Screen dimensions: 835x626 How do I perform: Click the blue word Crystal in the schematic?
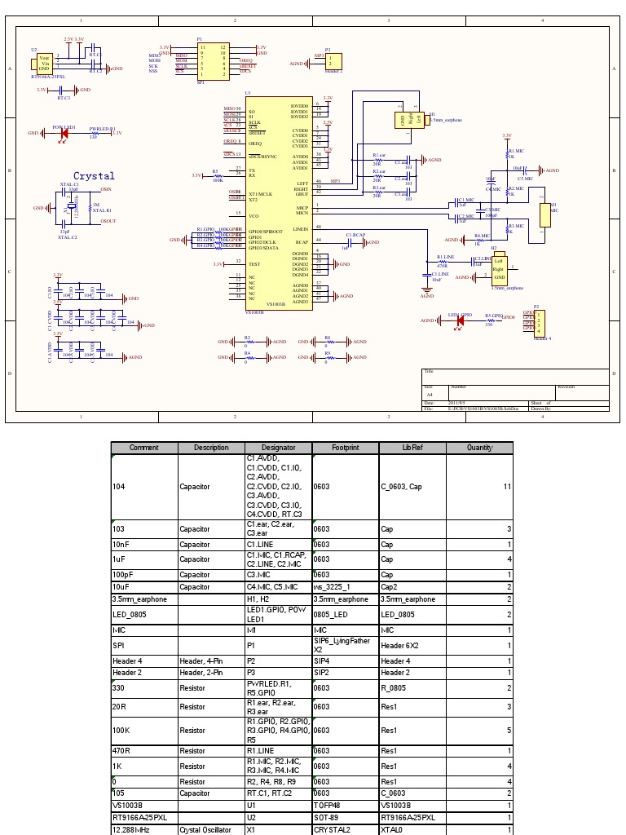95,175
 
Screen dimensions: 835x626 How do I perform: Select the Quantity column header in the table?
479,448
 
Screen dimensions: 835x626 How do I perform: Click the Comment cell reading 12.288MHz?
130,829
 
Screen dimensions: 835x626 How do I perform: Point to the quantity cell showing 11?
506,487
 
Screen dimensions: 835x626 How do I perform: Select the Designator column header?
278,448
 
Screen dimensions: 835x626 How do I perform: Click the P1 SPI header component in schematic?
214,61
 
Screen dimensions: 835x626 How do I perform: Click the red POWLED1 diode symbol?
64,133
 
